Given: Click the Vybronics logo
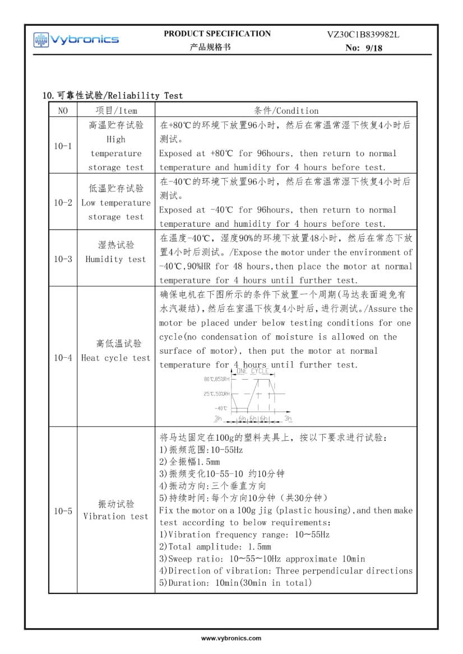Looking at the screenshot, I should tap(76, 39).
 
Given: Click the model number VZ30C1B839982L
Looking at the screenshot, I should tap(363, 34).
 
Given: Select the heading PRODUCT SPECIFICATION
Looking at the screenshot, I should tap(217, 34).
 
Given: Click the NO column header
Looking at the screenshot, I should tap(63, 110).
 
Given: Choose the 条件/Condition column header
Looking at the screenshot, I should tap(286, 110).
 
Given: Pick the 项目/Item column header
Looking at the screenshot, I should tap(116, 110).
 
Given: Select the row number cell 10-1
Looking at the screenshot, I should tap(63, 146).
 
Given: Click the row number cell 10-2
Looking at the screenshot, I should tap(63, 202).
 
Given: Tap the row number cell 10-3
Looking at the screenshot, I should tap(63, 259).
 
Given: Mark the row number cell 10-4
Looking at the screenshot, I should tap(63, 357).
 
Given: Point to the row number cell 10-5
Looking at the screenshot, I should tap(63, 511).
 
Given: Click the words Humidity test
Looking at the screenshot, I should tap(115, 259).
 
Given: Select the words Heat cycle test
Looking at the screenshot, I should tap(116, 358).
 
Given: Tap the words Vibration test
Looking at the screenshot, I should tap(116, 516).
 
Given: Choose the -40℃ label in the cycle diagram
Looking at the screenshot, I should tap(221, 408).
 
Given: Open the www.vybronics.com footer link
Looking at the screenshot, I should tap(231, 638).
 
